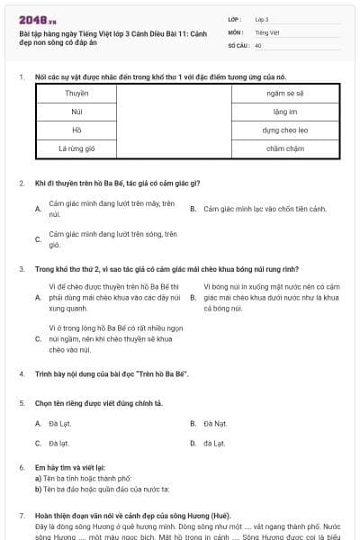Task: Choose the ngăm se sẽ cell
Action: tap(284, 93)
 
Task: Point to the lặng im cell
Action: tap(284, 111)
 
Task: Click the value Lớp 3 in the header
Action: tap(262, 19)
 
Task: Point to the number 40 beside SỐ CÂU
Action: tap(258, 44)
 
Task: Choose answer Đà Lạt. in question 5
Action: tap(61, 423)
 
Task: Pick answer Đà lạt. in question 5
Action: tap(59, 443)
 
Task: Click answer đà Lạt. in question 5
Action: tap(214, 443)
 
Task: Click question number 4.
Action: tap(22, 373)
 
